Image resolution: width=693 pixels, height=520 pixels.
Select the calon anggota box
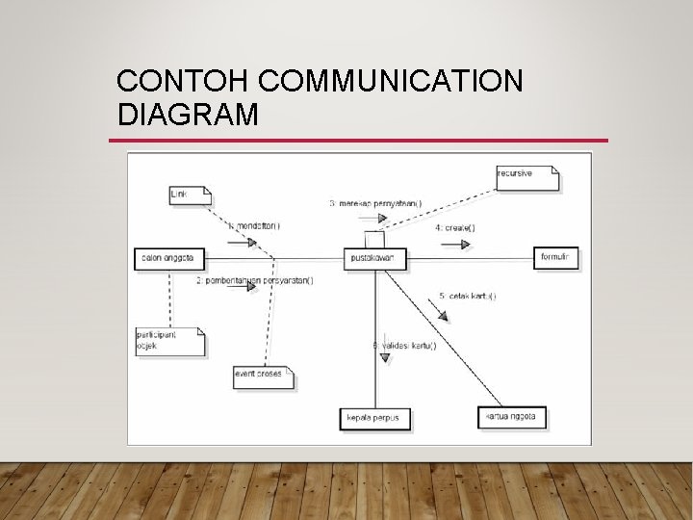tap(169, 258)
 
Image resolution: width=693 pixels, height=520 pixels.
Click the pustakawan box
tap(376, 258)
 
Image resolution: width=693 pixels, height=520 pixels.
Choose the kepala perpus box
tap(376, 419)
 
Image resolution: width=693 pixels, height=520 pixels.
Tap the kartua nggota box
tap(512, 417)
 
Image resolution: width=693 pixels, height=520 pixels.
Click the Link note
tap(188, 195)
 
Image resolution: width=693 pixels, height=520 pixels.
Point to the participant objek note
tap(170, 340)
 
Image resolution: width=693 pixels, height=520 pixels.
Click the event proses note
tap(263, 374)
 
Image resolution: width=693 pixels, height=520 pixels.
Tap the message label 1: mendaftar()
tap(254, 226)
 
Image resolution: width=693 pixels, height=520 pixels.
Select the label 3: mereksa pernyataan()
tap(375, 203)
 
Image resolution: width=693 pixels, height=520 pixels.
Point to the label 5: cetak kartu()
tap(469, 296)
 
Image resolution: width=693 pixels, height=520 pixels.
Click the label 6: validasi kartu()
tap(404, 345)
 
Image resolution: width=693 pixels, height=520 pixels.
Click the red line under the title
tap(358, 141)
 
